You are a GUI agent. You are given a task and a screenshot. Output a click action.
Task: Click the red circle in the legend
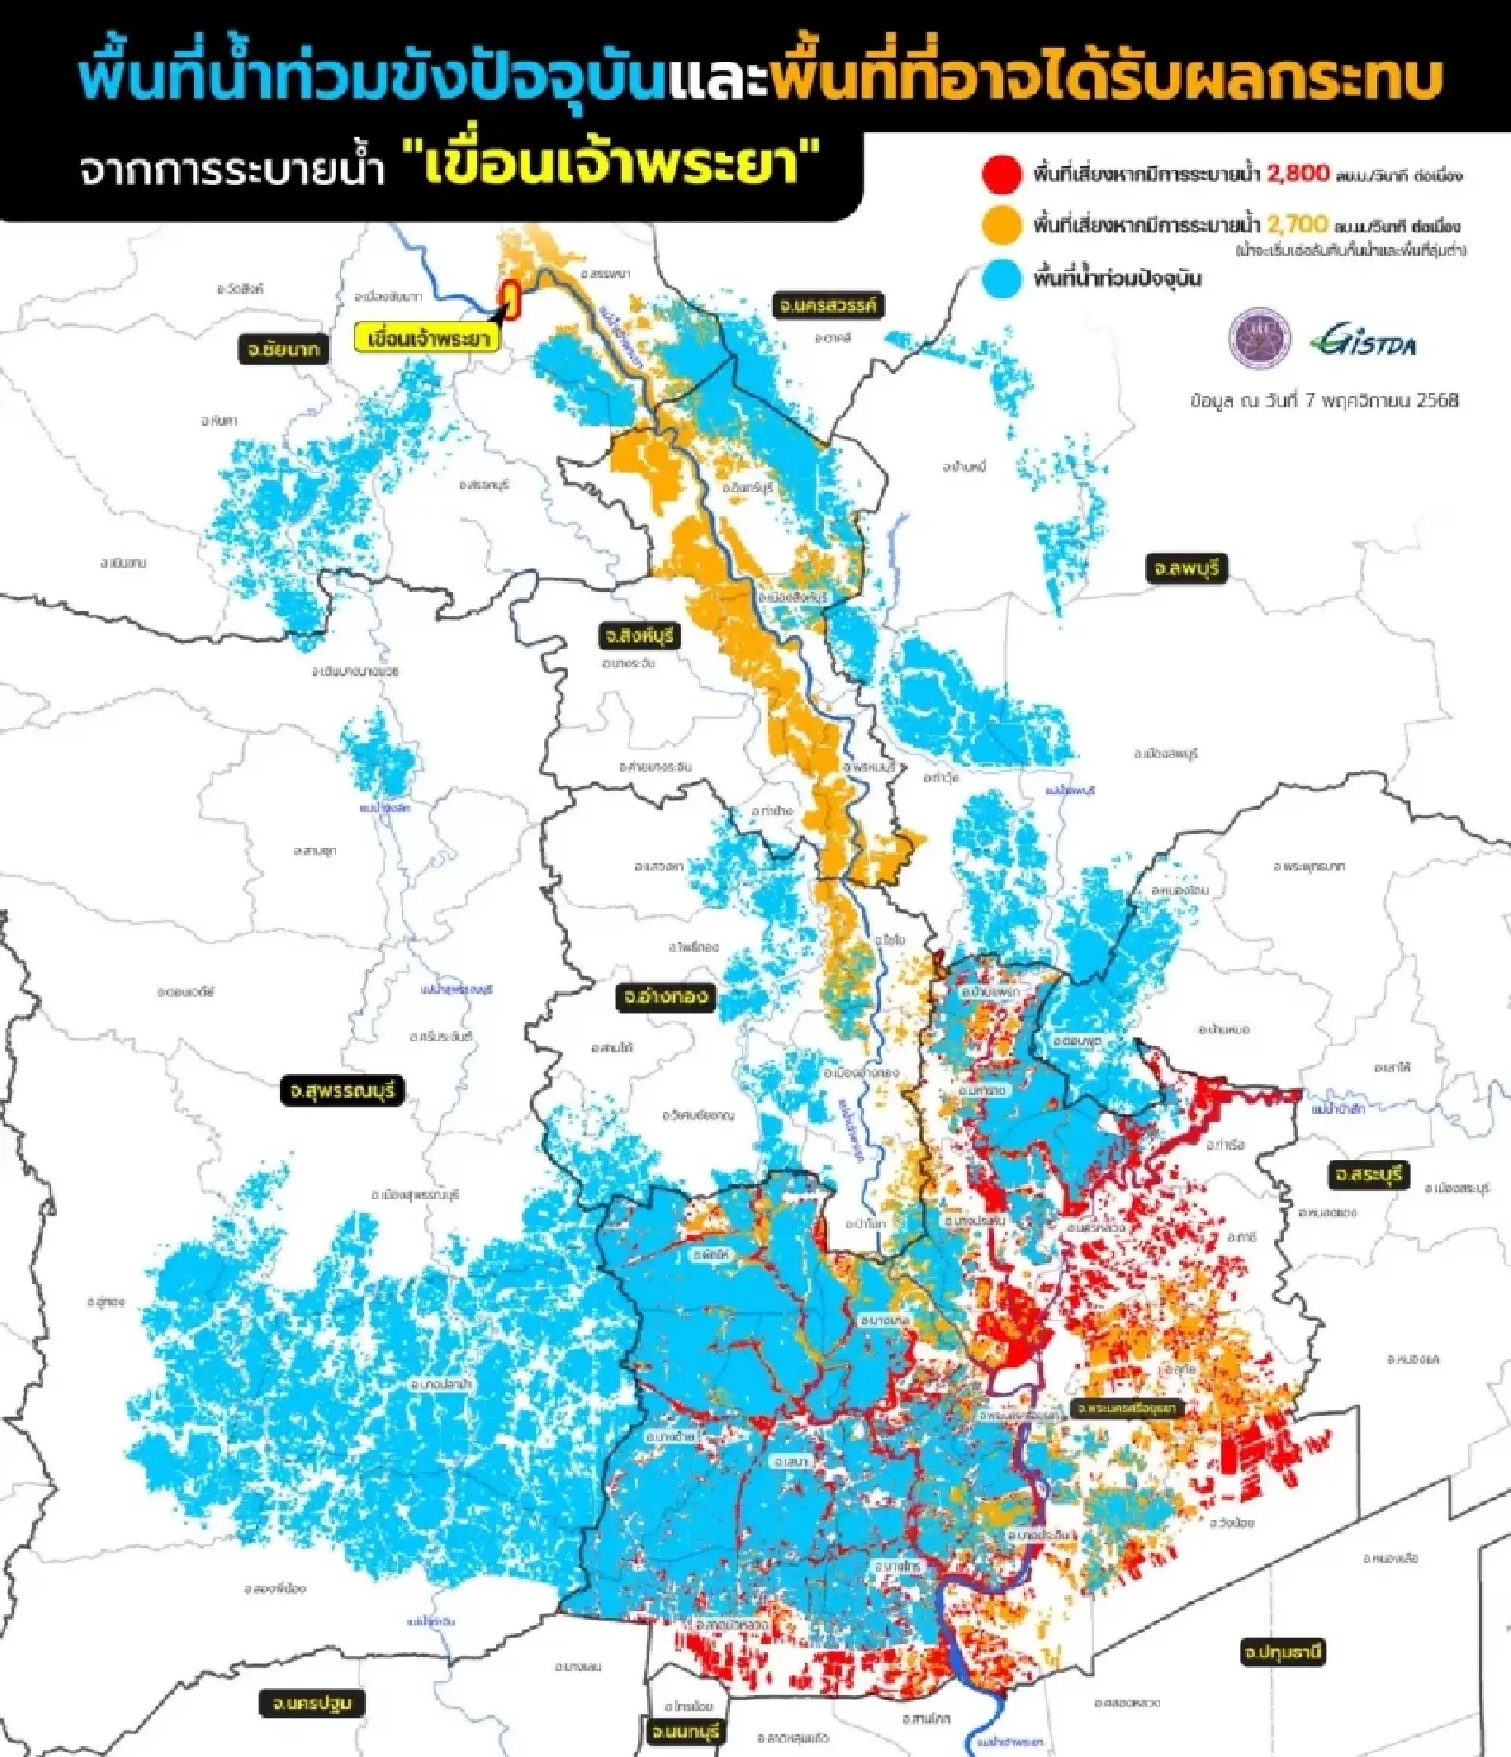tap(1001, 175)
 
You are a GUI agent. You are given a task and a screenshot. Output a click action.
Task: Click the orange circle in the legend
tap(1001, 226)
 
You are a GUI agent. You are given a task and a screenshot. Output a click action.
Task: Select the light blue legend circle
tap(1001, 279)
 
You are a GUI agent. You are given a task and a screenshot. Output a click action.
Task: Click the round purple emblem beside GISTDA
tap(1260, 338)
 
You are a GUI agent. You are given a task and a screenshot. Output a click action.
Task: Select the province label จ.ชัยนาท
tap(283, 350)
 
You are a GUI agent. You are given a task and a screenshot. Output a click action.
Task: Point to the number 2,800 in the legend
tap(1298, 174)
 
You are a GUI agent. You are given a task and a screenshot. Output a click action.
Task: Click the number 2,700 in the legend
tap(1297, 225)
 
